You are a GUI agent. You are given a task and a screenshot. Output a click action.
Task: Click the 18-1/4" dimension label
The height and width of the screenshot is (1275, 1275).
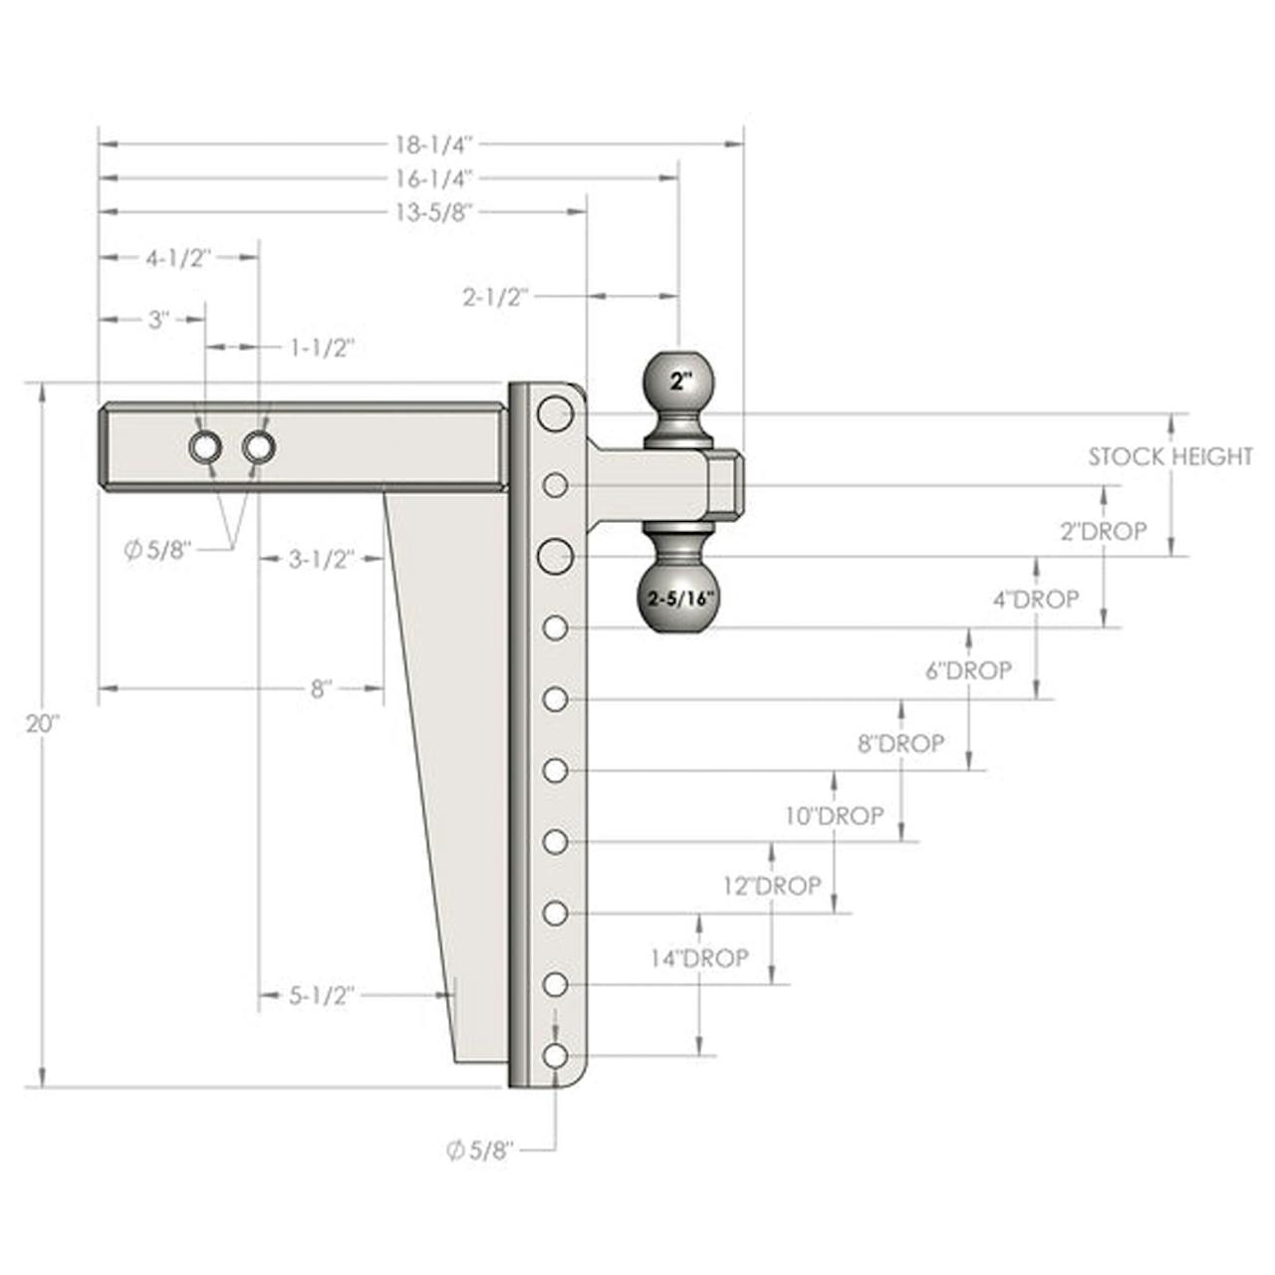pos(434,144)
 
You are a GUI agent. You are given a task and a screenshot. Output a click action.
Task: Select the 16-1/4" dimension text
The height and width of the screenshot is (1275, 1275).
pos(434,178)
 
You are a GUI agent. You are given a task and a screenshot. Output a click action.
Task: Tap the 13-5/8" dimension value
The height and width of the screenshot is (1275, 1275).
pos(434,212)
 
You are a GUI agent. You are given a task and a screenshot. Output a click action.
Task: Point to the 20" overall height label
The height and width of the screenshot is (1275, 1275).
pos(43,724)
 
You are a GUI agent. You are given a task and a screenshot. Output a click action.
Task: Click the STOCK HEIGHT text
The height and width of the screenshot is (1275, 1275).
pos(1170,456)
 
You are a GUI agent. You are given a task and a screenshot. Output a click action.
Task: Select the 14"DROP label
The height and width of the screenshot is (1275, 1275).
pos(699,957)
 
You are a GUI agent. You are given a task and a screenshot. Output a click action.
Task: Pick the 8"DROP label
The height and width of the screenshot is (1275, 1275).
pos(900,743)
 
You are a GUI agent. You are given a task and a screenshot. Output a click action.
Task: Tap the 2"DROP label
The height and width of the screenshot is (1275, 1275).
pos(1104,531)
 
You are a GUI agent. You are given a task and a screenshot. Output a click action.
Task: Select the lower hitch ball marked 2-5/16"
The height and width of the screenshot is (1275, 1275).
pos(680,599)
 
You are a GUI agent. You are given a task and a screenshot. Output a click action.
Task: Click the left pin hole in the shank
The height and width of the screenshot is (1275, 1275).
pos(205,448)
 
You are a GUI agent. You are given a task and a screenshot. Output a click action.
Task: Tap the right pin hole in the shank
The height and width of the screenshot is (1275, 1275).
pos(259,448)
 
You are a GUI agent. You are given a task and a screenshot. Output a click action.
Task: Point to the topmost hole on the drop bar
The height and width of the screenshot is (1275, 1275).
pos(555,413)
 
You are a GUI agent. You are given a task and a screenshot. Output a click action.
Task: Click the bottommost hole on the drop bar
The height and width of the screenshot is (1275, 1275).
pos(556,1055)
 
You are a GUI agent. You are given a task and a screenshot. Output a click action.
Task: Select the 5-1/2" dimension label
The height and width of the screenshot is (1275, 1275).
pos(322,995)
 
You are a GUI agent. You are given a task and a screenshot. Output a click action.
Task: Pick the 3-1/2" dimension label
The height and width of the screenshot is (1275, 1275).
pos(322,560)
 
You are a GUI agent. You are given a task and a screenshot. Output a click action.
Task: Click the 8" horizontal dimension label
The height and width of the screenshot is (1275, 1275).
pos(320,688)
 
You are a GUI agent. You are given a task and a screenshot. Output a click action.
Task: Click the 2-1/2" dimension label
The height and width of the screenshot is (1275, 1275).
pos(496,298)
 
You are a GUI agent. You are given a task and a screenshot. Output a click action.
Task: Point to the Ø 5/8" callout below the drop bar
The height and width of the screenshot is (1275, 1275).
pos(480,1150)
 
